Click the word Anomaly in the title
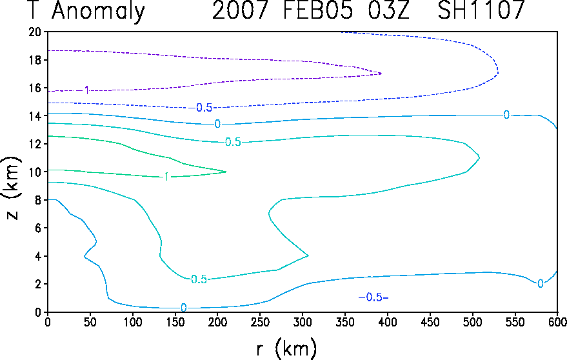pos(98,11)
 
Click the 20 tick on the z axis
pos(35,32)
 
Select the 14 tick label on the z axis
pos(35,115)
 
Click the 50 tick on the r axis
pos(90,322)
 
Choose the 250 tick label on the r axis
pos(260,322)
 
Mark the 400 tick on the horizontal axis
pos(388,322)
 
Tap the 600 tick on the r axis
pos(557,322)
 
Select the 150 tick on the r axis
pos(175,322)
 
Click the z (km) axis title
pos(12,188)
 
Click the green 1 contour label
pos(166,177)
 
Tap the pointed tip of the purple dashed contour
pos(381,74)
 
